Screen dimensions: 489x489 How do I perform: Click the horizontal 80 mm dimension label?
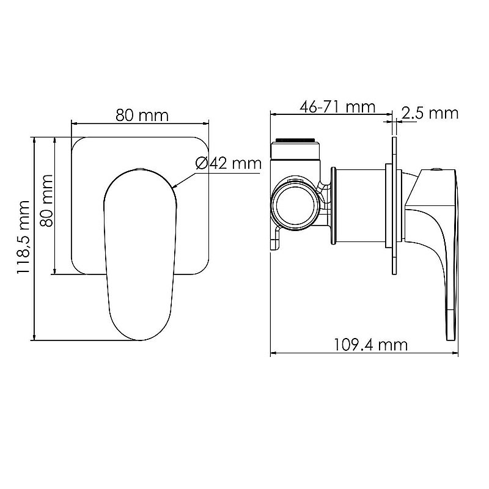tap(141, 116)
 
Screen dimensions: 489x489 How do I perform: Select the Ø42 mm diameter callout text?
tap(228, 164)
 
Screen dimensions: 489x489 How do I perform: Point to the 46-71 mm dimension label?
tap(337, 107)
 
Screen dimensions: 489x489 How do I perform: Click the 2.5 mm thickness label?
tap(430, 113)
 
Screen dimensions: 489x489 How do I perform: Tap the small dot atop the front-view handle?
tap(139, 168)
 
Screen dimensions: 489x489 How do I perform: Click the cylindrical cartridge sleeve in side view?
tap(361, 207)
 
